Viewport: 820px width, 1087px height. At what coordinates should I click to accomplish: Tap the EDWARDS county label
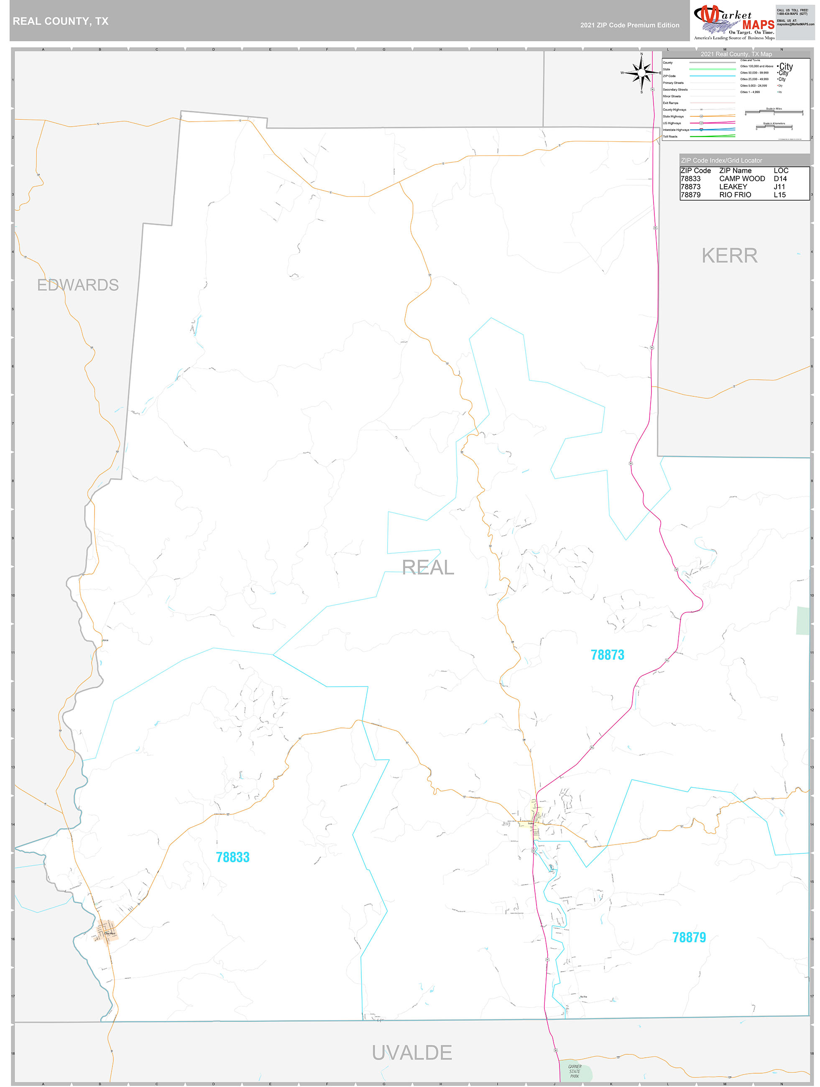click(x=78, y=285)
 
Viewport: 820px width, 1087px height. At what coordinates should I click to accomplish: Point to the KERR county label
click(x=729, y=255)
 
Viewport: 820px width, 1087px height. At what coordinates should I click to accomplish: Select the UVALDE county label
click(x=411, y=1053)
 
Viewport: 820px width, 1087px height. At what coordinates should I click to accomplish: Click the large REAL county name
click(x=428, y=568)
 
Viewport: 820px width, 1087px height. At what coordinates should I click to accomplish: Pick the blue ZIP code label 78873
click(x=607, y=655)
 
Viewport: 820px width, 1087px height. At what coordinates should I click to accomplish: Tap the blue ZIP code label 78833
click(x=232, y=857)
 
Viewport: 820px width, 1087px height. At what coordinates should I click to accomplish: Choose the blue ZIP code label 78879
click(x=689, y=938)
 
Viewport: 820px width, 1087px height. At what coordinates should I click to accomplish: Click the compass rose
click(x=641, y=73)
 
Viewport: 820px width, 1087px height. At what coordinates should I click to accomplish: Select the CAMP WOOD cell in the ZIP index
click(x=742, y=179)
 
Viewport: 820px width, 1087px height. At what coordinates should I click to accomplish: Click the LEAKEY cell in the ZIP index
click(x=733, y=187)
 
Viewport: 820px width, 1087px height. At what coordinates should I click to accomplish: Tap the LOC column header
click(x=781, y=171)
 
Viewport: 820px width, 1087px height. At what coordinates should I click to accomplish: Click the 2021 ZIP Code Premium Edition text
click(x=629, y=25)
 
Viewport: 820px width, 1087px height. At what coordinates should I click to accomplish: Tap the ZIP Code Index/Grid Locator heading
click(x=721, y=161)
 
